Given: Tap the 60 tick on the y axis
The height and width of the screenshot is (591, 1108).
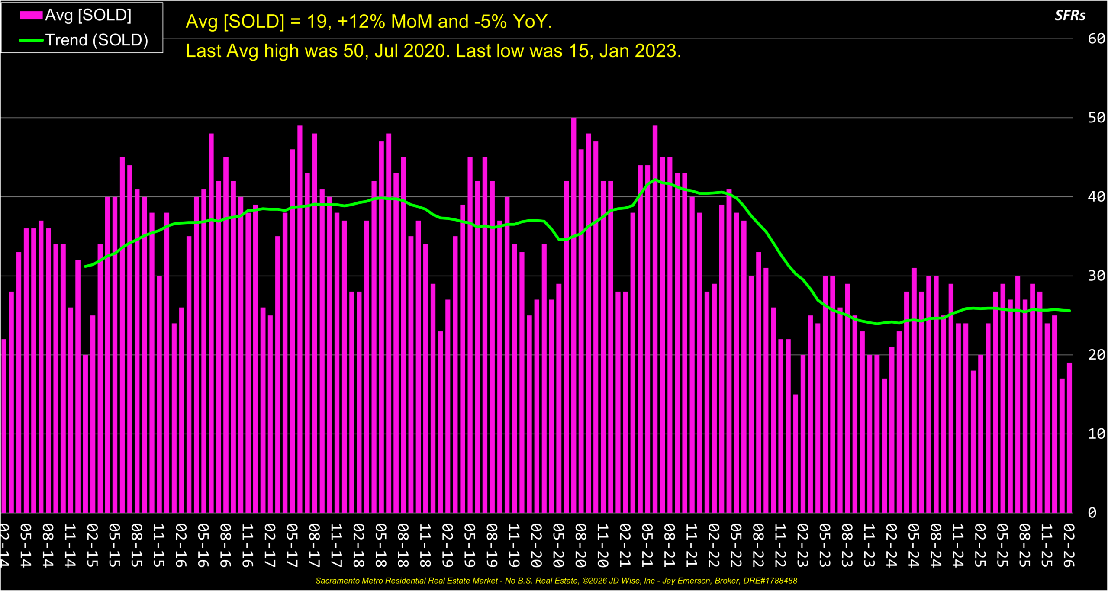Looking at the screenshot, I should pyautogui.click(x=1096, y=39).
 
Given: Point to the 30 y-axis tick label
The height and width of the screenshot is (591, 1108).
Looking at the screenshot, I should pyautogui.click(x=1096, y=276).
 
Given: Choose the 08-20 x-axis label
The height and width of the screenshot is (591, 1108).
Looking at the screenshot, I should pyautogui.click(x=580, y=546).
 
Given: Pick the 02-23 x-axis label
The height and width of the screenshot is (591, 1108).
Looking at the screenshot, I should pyautogui.click(x=802, y=546).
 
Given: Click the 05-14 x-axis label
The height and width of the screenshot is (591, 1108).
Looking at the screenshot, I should pyautogui.click(x=26, y=546).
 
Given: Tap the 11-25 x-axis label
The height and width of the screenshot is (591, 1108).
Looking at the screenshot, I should pyautogui.click(x=1047, y=546).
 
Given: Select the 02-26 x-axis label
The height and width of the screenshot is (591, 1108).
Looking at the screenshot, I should pyautogui.click(x=1069, y=546).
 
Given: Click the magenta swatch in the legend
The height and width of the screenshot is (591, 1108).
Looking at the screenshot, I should pyautogui.click(x=31, y=16).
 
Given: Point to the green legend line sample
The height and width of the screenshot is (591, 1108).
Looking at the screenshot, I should pyautogui.click(x=31, y=40).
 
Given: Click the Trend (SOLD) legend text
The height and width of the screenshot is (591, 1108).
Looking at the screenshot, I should pyautogui.click(x=97, y=40).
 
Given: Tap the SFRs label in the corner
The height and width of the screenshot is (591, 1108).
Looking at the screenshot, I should pyautogui.click(x=1070, y=16).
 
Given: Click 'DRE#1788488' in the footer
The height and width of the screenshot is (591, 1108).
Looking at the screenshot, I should pyautogui.click(x=770, y=581).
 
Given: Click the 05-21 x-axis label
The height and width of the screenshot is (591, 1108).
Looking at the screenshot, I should pyautogui.click(x=647, y=546).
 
